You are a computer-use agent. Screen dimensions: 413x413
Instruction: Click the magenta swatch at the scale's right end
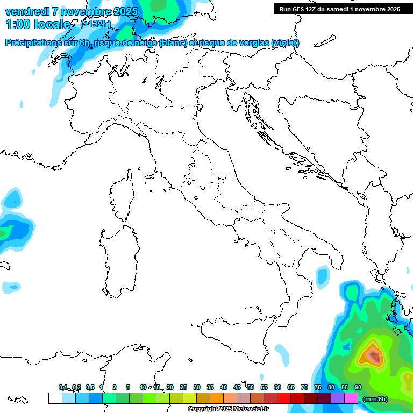[x=351, y=398]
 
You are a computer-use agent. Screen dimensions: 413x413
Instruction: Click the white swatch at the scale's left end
[x=55, y=398]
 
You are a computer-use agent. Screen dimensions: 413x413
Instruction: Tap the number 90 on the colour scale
[x=358, y=387]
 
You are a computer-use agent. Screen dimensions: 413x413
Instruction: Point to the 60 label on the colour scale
[x=277, y=387]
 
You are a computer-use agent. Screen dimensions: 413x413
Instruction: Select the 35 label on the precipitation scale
[x=210, y=387]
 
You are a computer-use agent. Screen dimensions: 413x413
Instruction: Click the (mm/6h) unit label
[x=375, y=399]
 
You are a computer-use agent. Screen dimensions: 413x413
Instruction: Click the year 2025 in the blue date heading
[x=125, y=11]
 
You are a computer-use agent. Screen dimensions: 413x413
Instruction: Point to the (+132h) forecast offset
[x=95, y=24]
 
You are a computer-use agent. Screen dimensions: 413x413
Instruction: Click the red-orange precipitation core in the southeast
[x=373, y=355]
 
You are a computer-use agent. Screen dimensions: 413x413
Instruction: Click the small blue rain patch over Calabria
[x=322, y=276]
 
